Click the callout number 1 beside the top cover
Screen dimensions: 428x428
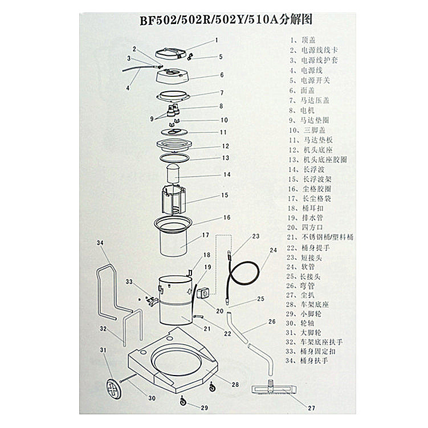point(217,40)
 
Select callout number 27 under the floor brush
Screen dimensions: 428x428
point(311,407)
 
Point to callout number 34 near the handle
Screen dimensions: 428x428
point(100,243)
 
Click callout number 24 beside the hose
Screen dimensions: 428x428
point(272,250)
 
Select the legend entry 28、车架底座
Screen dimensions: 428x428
point(312,305)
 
